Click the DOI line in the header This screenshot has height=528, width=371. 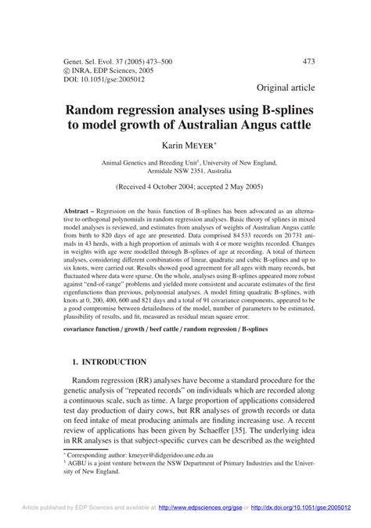click(93, 78)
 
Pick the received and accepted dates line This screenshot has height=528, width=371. click(184, 189)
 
